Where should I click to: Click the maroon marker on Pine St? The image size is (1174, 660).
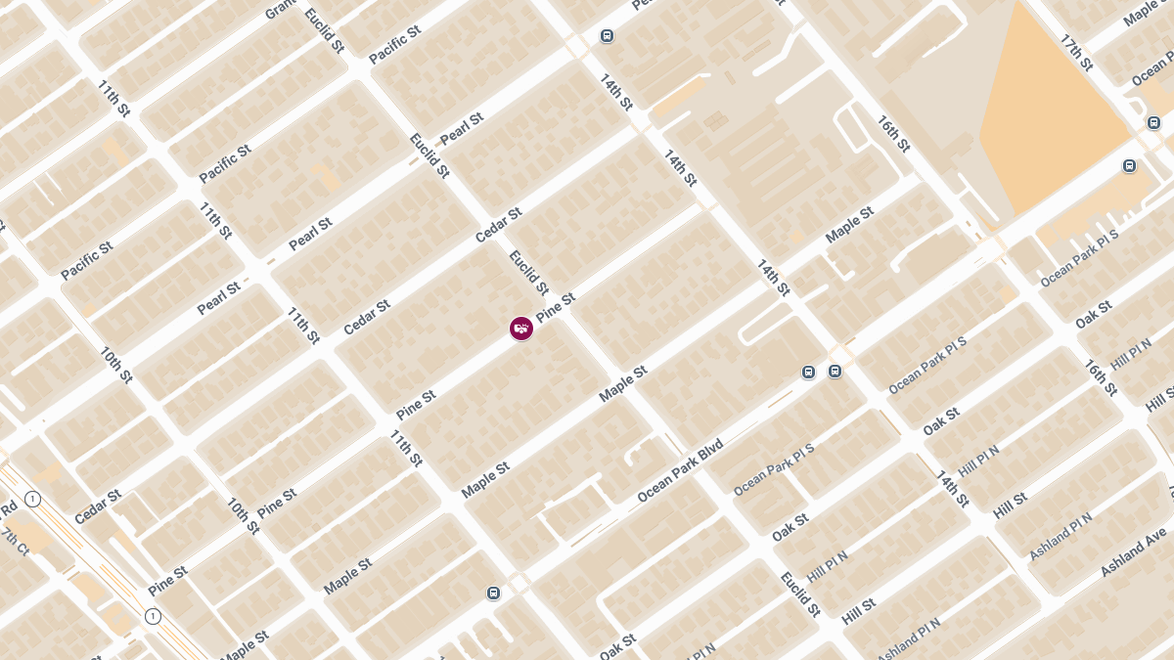(521, 329)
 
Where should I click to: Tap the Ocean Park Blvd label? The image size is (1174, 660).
(680, 472)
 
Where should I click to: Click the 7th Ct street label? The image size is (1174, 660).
(17, 541)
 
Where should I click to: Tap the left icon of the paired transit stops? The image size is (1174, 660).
(808, 372)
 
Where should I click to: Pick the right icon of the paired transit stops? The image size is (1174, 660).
(835, 371)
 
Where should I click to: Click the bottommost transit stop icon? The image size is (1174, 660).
(493, 594)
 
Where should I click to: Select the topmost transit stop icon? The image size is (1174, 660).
(607, 36)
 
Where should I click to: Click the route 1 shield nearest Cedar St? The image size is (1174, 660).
(33, 500)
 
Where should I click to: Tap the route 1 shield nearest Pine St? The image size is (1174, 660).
(153, 616)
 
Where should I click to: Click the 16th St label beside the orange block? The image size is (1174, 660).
(893, 134)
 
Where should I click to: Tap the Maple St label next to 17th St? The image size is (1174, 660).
(1142, 13)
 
